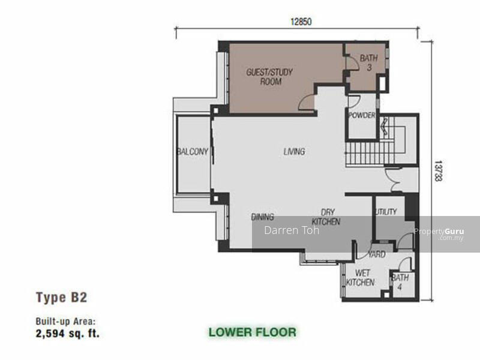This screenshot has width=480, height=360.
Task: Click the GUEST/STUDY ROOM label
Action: (269, 77)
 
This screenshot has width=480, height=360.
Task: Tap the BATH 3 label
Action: (368, 62)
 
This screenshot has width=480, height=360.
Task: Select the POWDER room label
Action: (362, 115)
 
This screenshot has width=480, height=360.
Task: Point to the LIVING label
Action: (294, 151)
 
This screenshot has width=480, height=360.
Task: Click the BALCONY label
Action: (193, 151)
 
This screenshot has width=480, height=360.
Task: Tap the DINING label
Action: (262, 217)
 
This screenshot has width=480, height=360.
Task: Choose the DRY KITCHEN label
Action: (326, 217)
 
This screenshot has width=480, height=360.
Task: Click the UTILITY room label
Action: (386, 212)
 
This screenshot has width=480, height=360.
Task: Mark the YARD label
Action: (377, 254)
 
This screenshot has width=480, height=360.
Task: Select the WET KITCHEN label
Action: (361, 277)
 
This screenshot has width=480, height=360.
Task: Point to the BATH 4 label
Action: (400, 282)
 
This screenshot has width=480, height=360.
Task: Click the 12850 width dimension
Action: (301, 22)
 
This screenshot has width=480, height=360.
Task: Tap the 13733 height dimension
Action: (439, 170)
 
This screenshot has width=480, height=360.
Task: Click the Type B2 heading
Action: (62, 297)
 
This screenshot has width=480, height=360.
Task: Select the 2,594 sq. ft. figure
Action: (68, 333)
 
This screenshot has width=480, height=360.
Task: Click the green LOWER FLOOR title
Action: (253, 332)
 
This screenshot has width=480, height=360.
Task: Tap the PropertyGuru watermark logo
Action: (439, 233)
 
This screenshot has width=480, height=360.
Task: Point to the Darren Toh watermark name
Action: (292, 230)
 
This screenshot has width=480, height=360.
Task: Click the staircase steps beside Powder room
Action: (370, 153)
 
